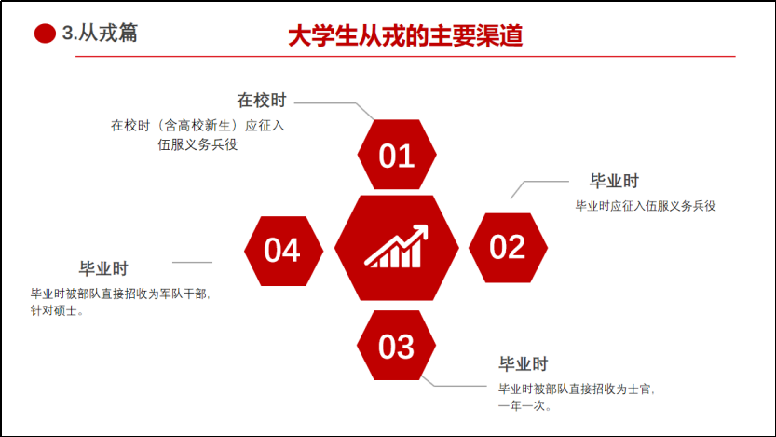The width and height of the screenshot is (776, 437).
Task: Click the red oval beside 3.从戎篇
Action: [45, 34]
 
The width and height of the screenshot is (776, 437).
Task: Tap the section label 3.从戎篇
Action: [100, 34]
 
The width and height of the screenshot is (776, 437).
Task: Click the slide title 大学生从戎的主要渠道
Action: [405, 35]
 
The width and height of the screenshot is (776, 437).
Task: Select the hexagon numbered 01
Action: [397, 155]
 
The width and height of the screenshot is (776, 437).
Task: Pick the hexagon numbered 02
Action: [508, 248]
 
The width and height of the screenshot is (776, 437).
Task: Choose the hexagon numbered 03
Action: [397, 346]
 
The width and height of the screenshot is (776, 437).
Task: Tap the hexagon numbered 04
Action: [283, 251]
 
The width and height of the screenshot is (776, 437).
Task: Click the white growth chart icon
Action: [397, 247]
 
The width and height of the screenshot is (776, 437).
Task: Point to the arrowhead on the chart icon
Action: [421, 231]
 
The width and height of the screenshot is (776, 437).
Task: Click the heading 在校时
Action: [261, 100]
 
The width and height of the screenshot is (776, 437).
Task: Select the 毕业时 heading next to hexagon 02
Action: [614, 181]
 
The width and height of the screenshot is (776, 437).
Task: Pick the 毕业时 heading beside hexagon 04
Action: [103, 268]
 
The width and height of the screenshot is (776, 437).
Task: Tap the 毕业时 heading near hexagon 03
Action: [524, 363]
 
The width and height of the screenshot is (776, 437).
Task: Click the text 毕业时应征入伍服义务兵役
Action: [646, 206]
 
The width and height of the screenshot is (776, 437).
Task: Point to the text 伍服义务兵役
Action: [197, 144]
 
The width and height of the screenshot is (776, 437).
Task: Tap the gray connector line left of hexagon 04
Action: [192, 263]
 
